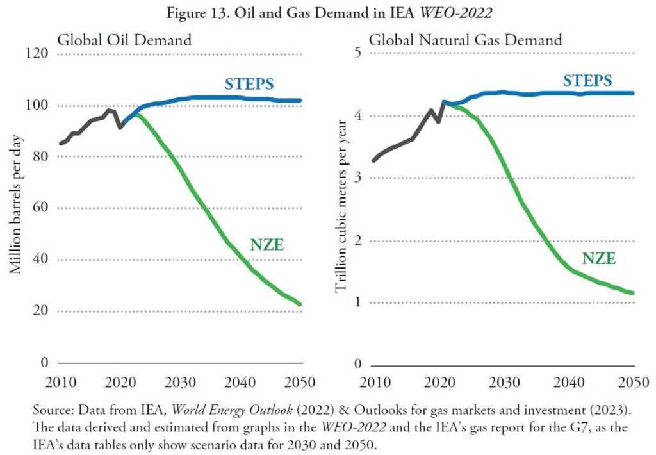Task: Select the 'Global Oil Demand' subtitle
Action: [124, 40]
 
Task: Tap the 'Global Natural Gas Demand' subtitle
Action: [465, 40]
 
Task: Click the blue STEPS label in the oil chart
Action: [249, 84]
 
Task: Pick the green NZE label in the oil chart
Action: [266, 244]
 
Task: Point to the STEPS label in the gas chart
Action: [587, 81]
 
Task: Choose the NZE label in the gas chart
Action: [599, 259]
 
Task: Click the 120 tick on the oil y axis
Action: [36, 53]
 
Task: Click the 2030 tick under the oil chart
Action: [181, 383]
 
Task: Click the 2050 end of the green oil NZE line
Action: [300, 304]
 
